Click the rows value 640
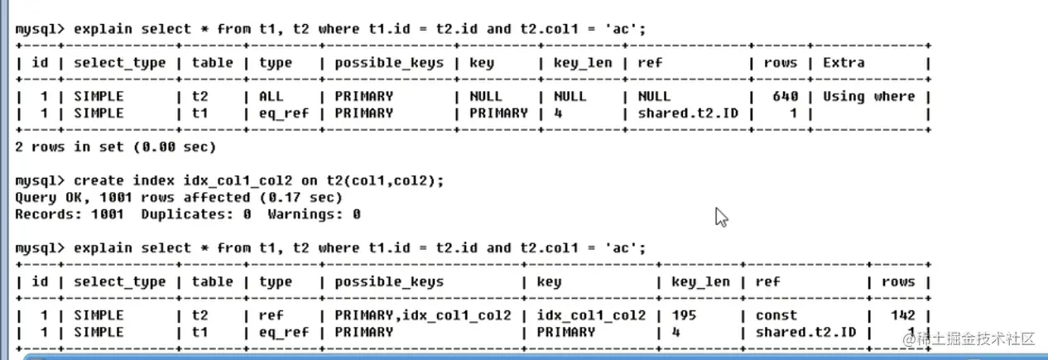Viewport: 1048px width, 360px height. tap(785, 96)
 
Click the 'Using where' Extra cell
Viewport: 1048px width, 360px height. tap(868, 96)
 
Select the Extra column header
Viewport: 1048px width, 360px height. tap(844, 62)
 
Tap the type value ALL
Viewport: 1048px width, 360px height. tap(272, 96)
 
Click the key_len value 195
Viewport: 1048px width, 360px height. tap(684, 315)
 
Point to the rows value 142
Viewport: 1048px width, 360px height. tap(903, 315)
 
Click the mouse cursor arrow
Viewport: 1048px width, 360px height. tap(721, 217)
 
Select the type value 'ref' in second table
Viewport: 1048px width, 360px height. tap(271, 315)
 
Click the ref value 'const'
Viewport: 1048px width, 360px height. tap(776, 315)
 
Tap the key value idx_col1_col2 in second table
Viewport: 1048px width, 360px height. tap(591, 315)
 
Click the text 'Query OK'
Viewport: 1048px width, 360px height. tap(47, 198)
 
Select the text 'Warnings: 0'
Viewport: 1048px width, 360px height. tap(314, 214)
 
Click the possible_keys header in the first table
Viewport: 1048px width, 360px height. tap(389, 62)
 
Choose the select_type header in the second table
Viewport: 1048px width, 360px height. tap(120, 281)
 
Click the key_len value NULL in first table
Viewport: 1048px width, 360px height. tap(570, 96)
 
